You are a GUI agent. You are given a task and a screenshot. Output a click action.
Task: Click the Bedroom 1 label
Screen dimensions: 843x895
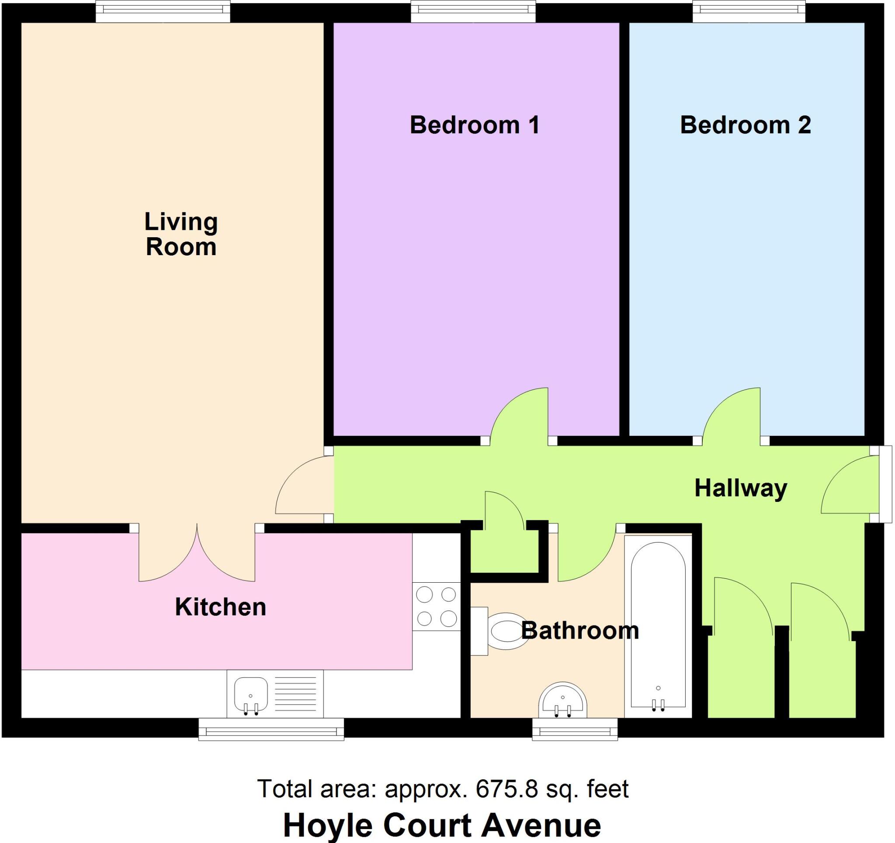click(x=475, y=124)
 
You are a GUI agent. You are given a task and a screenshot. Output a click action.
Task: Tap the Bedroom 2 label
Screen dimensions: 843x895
click(x=745, y=124)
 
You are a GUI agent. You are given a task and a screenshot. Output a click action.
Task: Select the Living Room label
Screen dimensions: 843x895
click(x=181, y=234)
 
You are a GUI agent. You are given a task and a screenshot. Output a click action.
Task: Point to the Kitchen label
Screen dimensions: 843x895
click(x=221, y=607)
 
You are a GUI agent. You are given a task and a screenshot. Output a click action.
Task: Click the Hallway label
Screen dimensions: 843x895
click(x=741, y=488)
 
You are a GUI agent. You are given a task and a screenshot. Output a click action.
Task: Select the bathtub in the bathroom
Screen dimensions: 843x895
click(x=658, y=627)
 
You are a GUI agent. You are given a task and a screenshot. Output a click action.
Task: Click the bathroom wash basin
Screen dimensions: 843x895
click(x=563, y=701)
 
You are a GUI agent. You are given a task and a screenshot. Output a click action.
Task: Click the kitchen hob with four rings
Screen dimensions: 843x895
click(x=436, y=606)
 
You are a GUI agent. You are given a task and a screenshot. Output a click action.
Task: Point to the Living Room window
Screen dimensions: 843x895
click(x=163, y=11)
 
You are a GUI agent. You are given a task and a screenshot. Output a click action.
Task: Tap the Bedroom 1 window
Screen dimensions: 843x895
click(x=473, y=11)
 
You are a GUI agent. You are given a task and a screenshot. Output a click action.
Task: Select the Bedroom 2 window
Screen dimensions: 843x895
click(x=748, y=11)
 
